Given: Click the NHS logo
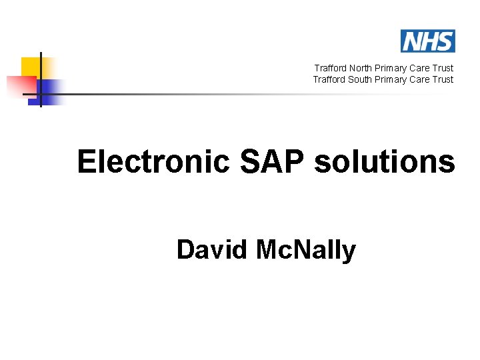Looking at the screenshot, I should point(427,41).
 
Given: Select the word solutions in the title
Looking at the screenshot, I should point(385,162).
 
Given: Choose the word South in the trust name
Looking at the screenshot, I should point(359,79).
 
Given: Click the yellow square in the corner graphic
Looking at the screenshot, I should point(31,67).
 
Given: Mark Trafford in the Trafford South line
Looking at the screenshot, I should point(329,79).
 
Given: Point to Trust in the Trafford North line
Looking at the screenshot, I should point(442,68).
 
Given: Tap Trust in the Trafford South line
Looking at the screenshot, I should point(442,79).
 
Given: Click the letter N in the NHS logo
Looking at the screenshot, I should point(411,41).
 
